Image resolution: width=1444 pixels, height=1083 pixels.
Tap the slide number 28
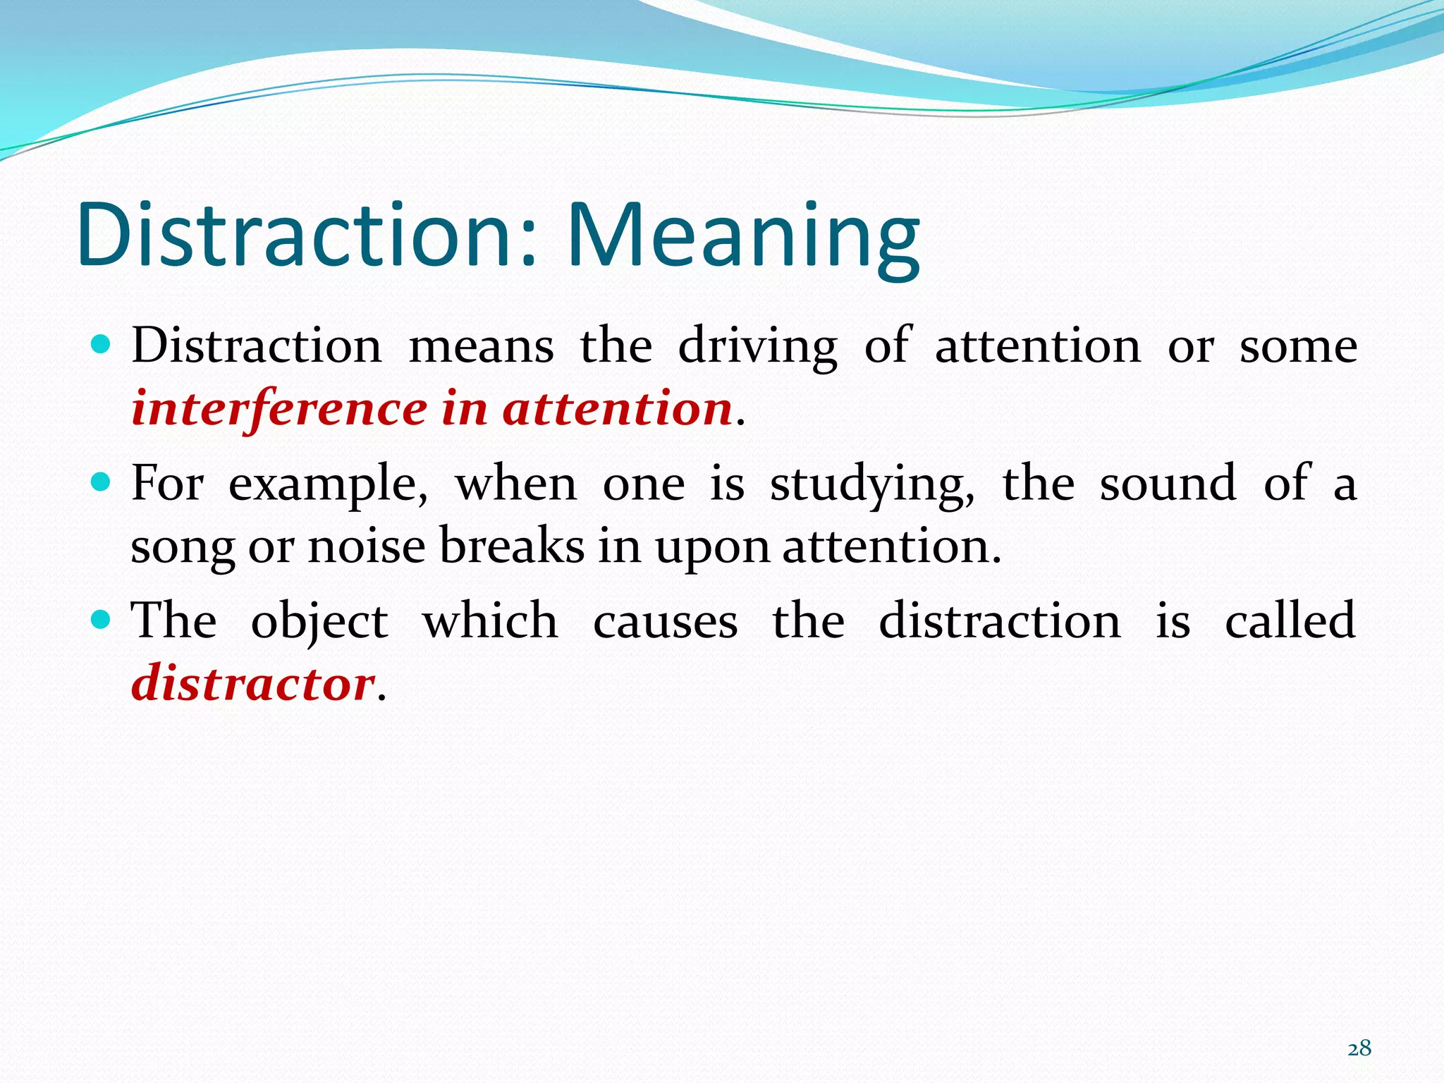[1359, 1048]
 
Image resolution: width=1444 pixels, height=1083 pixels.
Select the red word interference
[279, 409]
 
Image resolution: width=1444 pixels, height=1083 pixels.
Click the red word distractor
[252, 684]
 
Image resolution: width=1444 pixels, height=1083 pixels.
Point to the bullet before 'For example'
[102, 482]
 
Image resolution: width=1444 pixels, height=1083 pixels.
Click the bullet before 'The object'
[102, 619]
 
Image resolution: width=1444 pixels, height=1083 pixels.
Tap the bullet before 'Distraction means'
[102, 344]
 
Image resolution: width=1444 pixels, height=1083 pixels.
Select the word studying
[872, 485]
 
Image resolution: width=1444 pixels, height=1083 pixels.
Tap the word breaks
[512, 547]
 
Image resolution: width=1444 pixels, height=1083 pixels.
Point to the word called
[1290, 621]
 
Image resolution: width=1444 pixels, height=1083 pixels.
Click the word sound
[1168, 485]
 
